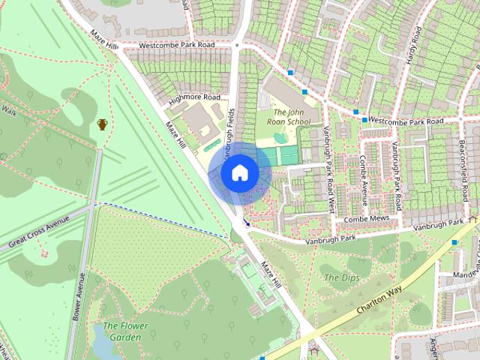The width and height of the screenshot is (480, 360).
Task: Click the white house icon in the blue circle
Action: pyautogui.click(x=239, y=173)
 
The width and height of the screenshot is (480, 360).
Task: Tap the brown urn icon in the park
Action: pyautogui.click(x=102, y=124)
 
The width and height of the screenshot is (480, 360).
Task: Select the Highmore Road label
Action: pyautogui.click(x=194, y=97)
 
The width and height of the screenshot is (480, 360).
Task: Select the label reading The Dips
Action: pyautogui.click(x=341, y=277)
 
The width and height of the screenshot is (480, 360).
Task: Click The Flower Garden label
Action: pyautogui.click(x=125, y=331)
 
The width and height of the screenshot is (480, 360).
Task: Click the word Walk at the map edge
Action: pyautogui.click(x=8, y=111)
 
